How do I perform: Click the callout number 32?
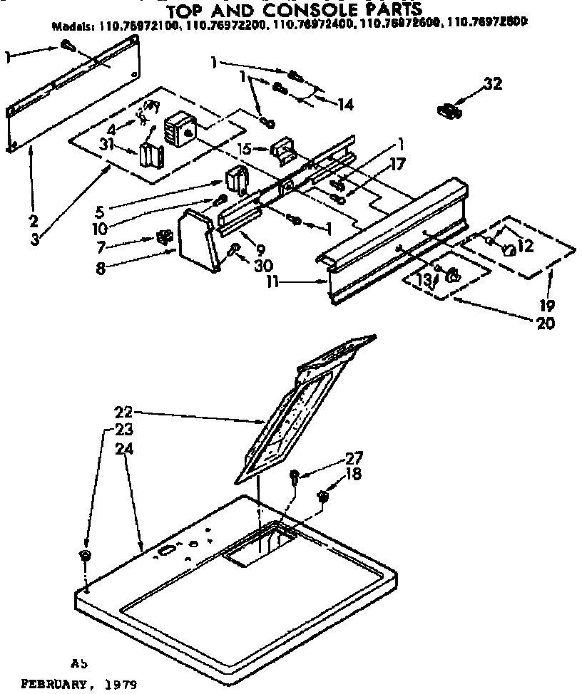tap(492, 84)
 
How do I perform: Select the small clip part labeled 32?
tap(447, 110)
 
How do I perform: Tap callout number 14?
tap(345, 105)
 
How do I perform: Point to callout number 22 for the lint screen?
tap(124, 411)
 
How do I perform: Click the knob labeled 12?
tap(509, 249)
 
